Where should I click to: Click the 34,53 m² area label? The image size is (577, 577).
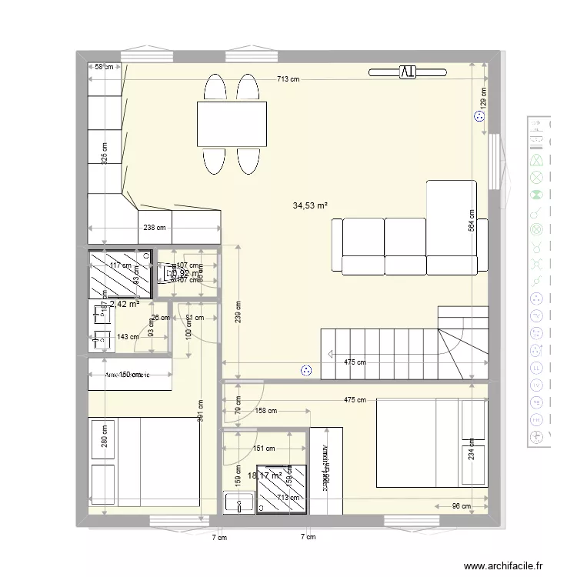pos(310,205)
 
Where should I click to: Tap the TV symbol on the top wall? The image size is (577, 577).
pos(407,72)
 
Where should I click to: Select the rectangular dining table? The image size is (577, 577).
pos(232,123)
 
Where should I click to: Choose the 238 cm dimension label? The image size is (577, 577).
pos(155,228)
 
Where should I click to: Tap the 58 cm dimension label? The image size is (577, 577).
pos(104,67)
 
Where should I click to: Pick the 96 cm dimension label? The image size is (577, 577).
pos(461,506)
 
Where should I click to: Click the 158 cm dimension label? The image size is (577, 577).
pos(266,411)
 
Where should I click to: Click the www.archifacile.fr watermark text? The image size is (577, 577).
pos(504,564)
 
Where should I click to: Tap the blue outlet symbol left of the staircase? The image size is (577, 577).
pos(308,370)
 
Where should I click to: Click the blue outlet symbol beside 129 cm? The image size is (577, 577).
pos(479,117)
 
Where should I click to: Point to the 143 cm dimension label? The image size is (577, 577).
pos(128,336)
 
